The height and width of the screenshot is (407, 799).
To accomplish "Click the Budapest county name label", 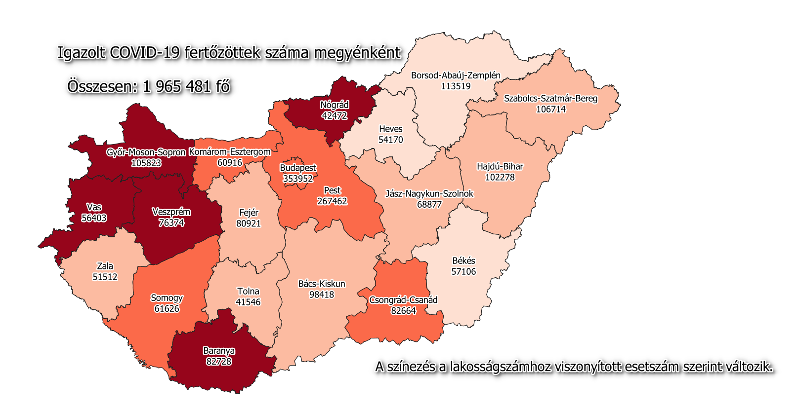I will tap(298, 168).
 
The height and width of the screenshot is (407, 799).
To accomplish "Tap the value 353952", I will tap(298, 179).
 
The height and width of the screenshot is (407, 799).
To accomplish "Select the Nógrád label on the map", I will tap(335, 105).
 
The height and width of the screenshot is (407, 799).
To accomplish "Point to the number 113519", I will tap(456, 86).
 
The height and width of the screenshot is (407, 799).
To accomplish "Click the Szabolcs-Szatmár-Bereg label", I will tap(550, 99).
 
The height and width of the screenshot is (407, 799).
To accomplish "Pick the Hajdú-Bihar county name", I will tap(500, 167).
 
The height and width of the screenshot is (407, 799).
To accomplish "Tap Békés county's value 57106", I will tap(463, 272).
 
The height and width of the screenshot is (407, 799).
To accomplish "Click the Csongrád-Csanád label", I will tap(403, 300).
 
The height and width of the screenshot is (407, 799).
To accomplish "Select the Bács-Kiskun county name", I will tap(322, 284).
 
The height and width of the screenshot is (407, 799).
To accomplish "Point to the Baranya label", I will tap(219, 351).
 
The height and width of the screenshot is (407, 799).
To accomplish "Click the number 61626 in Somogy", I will tap(167, 309).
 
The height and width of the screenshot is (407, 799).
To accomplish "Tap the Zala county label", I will tap(105, 266).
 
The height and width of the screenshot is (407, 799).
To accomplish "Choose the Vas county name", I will tap(94, 207).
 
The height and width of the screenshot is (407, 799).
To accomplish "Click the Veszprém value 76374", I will tap(171, 223).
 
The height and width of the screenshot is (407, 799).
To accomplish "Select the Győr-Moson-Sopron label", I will tap(146, 152).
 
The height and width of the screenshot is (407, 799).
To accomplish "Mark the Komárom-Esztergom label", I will tap(230, 152).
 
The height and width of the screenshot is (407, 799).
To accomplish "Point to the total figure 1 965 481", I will tap(176, 87).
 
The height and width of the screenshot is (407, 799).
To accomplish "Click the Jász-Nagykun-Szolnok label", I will tap(429, 194).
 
